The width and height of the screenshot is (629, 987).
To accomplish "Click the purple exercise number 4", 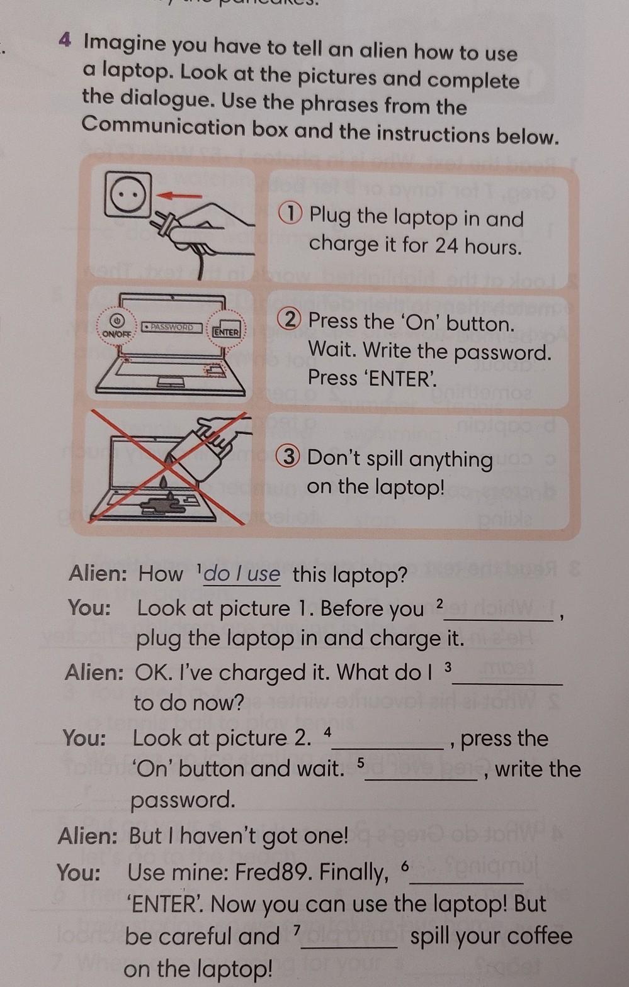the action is tap(65, 40).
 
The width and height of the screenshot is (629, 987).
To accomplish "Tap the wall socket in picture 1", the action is tap(128, 194).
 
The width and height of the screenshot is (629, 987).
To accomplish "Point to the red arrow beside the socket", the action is tap(179, 196).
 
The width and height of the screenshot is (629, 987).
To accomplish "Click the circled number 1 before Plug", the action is tap(290, 213).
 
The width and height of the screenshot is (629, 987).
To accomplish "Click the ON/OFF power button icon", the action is tap(116, 319).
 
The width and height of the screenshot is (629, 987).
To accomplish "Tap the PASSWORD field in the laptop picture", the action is tap(171, 327).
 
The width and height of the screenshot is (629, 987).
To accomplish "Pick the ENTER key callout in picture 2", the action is tap(226, 331).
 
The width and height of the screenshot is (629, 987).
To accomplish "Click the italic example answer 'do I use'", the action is tap(242, 574).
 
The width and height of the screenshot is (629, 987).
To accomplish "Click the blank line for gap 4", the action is tap(390, 748).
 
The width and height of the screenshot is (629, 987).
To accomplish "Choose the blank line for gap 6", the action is tap(467, 882).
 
